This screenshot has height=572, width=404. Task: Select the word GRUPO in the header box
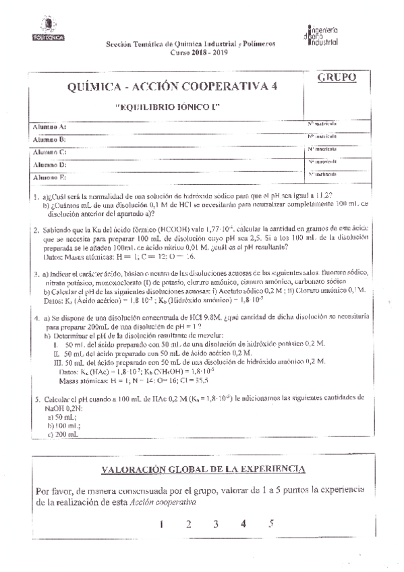pyautogui.click(x=335, y=78)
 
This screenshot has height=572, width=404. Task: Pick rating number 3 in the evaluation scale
pyautogui.click(x=215, y=523)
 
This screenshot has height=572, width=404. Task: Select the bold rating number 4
pyautogui.click(x=243, y=523)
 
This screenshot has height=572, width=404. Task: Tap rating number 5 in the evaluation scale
pyautogui.click(x=270, y=523)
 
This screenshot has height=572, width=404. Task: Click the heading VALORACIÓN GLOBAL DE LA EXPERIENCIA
pyautogui.click(x=202, y=468)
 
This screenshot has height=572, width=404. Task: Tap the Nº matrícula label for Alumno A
pyautogui.click(x=322, y=124)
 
